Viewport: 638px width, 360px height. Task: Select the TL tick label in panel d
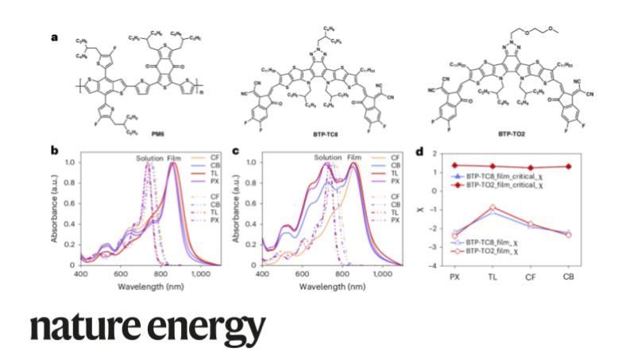pos(492,277)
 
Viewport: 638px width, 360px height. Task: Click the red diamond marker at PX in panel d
pos(454,165)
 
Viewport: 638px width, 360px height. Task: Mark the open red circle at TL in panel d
pos(493,207)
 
